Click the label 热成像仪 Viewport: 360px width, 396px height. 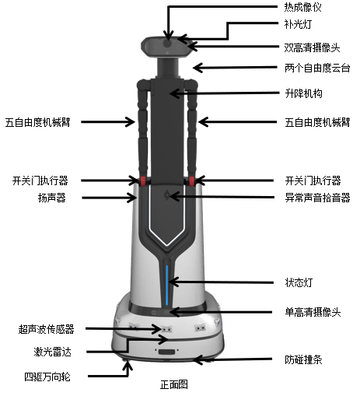click(302, 7)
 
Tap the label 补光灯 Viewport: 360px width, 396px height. click(298, 24)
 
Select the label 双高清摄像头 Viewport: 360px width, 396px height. click(312, 47)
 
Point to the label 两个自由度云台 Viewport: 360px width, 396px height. click(317, 68)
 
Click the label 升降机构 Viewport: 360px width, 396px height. click(303, 93)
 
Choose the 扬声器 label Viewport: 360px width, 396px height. click(52, 198)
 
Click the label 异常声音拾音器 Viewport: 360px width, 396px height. click(317, 198)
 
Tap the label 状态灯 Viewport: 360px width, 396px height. click(299, 282)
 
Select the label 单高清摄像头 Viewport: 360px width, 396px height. click(313, 312)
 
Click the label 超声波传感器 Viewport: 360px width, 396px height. click(47, 329)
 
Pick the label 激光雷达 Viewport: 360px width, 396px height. click(52, 352)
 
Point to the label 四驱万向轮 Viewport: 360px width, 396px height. click(47, 377)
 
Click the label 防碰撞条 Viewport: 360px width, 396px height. click(303, 359)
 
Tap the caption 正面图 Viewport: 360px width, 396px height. click(174, 384)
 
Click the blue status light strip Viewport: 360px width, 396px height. click(167, 285)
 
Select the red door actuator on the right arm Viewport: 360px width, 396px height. click(191, 181)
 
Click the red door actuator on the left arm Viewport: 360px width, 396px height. click(143, 181)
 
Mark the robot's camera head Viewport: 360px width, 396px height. click(166, 47)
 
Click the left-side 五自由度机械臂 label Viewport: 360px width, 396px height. click(38, 122)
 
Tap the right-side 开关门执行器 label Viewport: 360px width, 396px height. click(313, 180)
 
